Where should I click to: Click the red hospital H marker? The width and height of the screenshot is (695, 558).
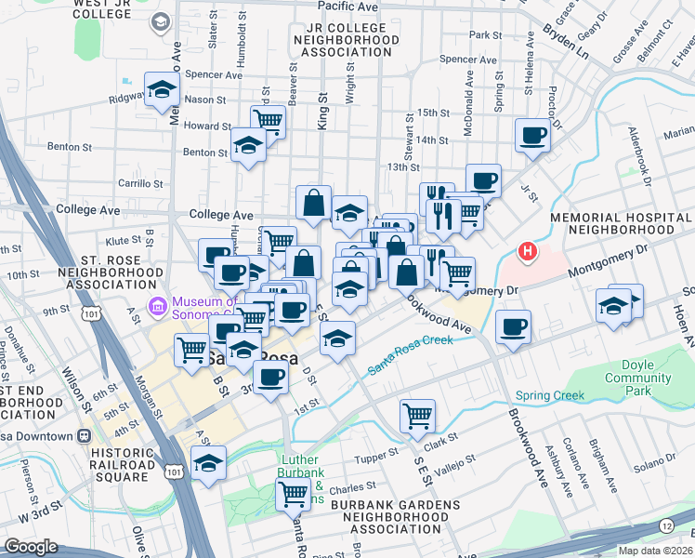click(x=528, y=251)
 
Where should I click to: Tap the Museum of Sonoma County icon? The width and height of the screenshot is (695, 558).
click(x=158, y=305)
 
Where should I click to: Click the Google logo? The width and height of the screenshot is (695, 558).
click(x=32, y=547)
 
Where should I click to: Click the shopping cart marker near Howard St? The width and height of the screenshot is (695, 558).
click(x=268, y=119)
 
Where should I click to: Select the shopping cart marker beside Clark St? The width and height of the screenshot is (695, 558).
click(x=417, y=414)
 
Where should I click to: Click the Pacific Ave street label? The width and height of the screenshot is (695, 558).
click(x=347, y=6)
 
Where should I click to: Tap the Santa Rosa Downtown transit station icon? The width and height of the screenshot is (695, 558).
click(x=85, y=435)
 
